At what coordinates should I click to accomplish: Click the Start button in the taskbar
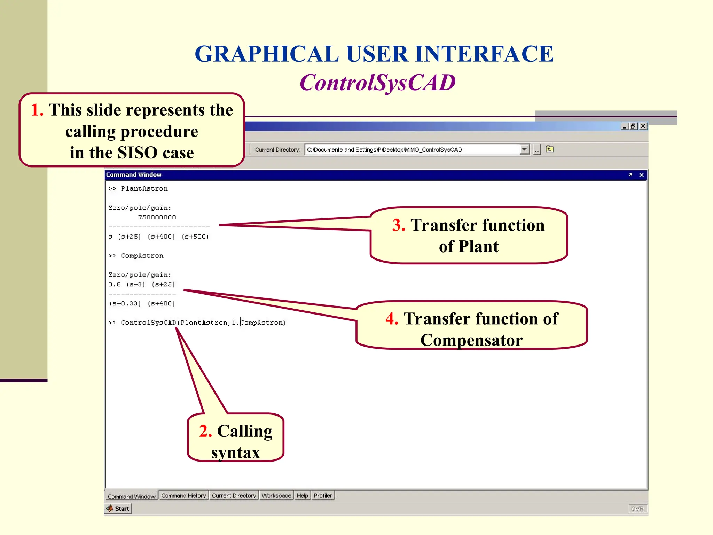pyautogui.click(x=118, y=509)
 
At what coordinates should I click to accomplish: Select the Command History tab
pyautogui.click(x=183, y=496)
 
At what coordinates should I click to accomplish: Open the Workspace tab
pyautogui.click(x=276, y=496)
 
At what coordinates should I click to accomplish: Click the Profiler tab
pyautogui.click(x=323, y=496)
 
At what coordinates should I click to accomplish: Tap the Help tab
pyautogui.click(x=302, y=496)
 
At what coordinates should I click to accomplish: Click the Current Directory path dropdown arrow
pyautogui.click(x=524, y=149)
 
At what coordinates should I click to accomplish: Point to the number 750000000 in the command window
pyautogui.click(x=157, y=217)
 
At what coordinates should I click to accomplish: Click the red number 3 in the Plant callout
pyautogui.click(x=399, y=225)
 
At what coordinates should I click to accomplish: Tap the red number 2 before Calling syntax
pyautogui.click(x=205, y=431)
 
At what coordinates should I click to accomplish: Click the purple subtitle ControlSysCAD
pyautogui.click(x=377, y=83)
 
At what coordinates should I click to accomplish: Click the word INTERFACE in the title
pyautogui.click(x=484, y=54)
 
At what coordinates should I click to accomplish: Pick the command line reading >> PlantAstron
pyautogui.click(x=138, y=189)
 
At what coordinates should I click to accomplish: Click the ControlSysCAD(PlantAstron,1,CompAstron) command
pyautogui.click(x=203, y=323)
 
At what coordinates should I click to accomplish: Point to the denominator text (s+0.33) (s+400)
pyautogui.click(x=142, y=304)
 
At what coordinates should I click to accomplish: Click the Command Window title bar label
pyautogui.click(x=134, y=175)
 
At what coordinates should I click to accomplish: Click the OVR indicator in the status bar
pyautogui.click(x=637, y=509)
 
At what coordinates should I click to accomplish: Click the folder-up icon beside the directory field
pyautogui.click(x=550, y=149)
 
